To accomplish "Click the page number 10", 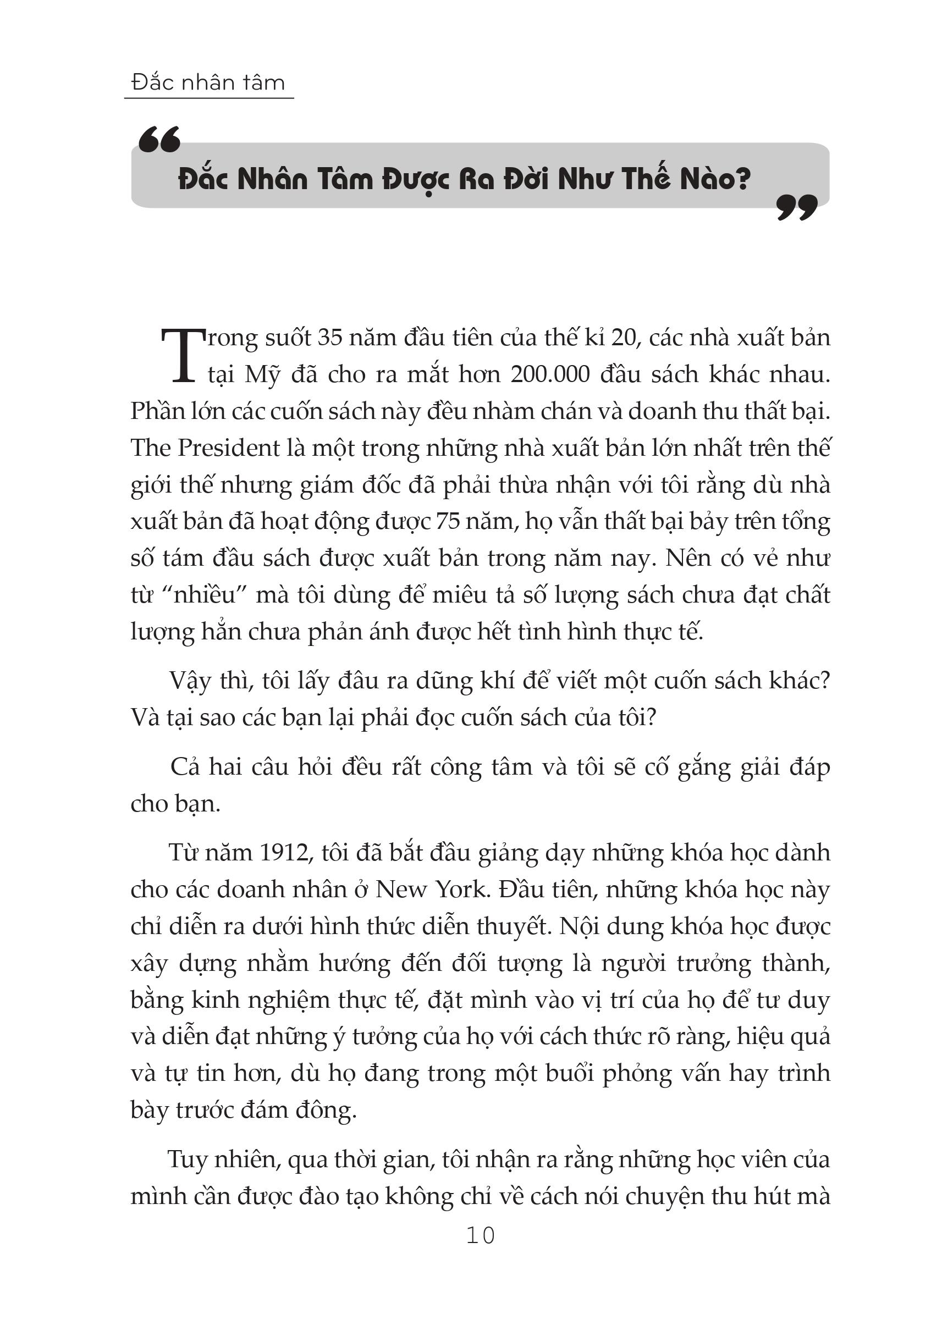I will pyautogui.click(x=480, y=1236).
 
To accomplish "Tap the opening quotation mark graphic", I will pyautogui.click(x=159, y=140).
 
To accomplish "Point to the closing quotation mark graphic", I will pyautogui.click(x=797, y=207).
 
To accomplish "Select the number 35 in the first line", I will pyautogui.click(x=330, y=338).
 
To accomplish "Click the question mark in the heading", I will pyautogui.click(x=742, y=179).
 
